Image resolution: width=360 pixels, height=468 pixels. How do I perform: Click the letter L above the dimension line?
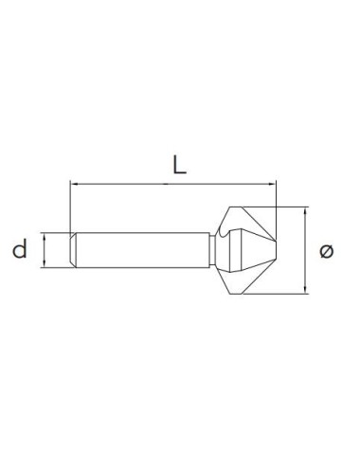pyautogui.click(x=178, y=164)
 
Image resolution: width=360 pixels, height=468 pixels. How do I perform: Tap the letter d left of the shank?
pyautogui.click(x=19, y=250)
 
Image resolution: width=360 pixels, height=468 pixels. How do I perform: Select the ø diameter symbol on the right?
pyautogui.click(x=327, y=250)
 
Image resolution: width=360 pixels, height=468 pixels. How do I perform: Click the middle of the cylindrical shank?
pyautogui.click(x=142, y=250)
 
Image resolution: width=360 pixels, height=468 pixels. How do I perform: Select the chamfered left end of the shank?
pyautogui.click(x=76, y=250)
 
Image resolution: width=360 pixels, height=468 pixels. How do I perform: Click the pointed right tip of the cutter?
pyautogui.click(x=276, y=250)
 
